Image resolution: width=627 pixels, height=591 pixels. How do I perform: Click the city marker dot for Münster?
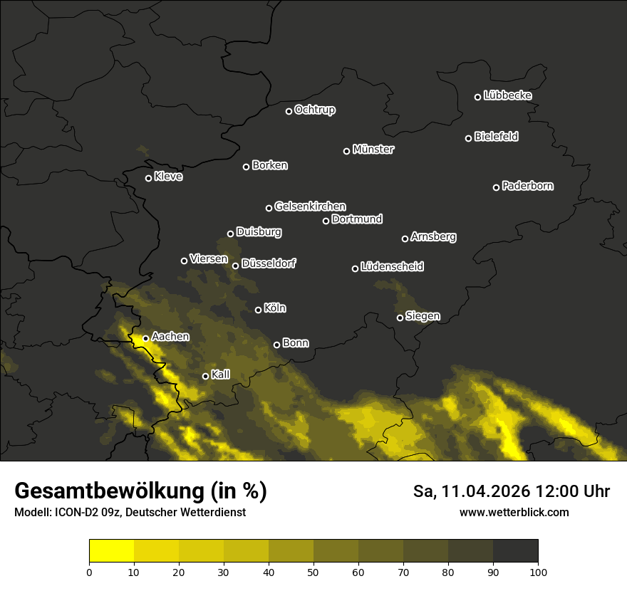[x=347, y=151]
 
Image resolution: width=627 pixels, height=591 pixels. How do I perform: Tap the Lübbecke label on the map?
[x=507, y=95]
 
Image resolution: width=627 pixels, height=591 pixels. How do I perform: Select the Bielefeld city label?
[x=496, y=137]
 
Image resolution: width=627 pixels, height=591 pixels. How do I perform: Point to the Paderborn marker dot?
[x=497, y=187]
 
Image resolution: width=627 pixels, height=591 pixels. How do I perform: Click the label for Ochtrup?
[x=314, y=110]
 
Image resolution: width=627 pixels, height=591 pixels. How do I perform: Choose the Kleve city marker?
[x=149, y=178]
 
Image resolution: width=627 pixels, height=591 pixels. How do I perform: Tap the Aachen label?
[x=170, y=337]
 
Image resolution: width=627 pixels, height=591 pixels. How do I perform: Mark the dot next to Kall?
[x=206, y=376]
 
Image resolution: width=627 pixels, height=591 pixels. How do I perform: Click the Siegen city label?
[x=423, y=316]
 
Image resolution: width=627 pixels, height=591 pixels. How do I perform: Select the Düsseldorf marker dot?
[x=236, y=266]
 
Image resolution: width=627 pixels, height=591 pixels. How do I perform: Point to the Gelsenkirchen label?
[x=310, y=206]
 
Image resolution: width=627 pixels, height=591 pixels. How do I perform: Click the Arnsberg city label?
[x=433, y=237]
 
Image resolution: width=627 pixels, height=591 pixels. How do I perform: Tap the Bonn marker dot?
[x=277, y=345]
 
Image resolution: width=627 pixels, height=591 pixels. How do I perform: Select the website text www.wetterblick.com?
[x=514, y=513]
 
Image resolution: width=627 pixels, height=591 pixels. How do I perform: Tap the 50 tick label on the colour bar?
[x=313, y=572]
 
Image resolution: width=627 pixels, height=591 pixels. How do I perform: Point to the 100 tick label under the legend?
[x=537, y=572]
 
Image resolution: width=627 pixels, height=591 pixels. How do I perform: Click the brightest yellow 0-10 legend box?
[x=111, y=551]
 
